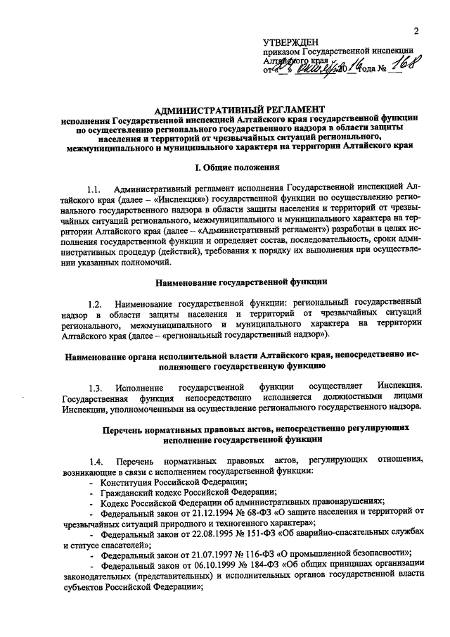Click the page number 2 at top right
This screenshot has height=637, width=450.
pos(416,30)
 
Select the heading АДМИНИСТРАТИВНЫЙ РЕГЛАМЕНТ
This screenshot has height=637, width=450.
pos(239,110)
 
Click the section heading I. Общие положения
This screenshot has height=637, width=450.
pos(238,168)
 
